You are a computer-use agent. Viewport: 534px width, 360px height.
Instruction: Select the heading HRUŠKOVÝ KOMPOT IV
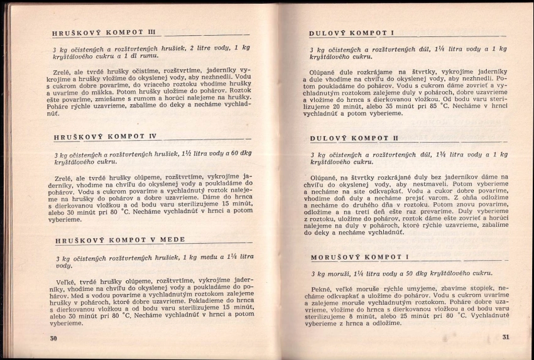[x=104, y=136]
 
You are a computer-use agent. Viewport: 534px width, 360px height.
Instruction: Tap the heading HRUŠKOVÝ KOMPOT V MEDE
[x=119, y=240]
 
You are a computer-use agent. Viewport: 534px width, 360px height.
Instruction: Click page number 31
[x=506, y=337]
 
